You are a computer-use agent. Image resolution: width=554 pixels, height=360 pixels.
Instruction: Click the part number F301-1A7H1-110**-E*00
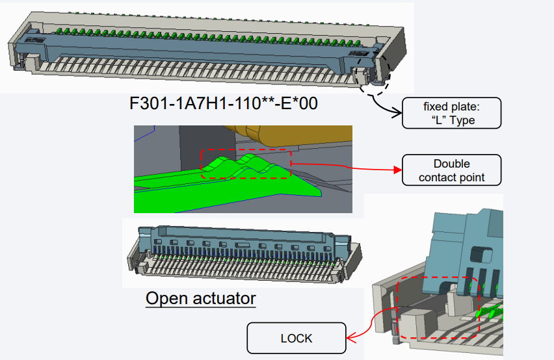pyautogui.click(x=224, y=104)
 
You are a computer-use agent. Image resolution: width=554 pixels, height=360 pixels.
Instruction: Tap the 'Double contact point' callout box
pyautogui.click(x=452, y=170)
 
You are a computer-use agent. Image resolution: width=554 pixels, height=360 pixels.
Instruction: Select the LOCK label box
pyautogui.click(x=297, y=339)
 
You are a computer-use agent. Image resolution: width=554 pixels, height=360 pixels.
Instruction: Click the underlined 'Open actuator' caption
pyautogui.click(x=200, y=299)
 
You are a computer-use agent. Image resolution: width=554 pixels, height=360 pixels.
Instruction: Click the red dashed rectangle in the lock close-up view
pyautogui.click(x=438, y=309)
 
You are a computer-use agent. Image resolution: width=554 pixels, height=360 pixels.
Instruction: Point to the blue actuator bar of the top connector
pyautogui.click(x=195, y=49)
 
